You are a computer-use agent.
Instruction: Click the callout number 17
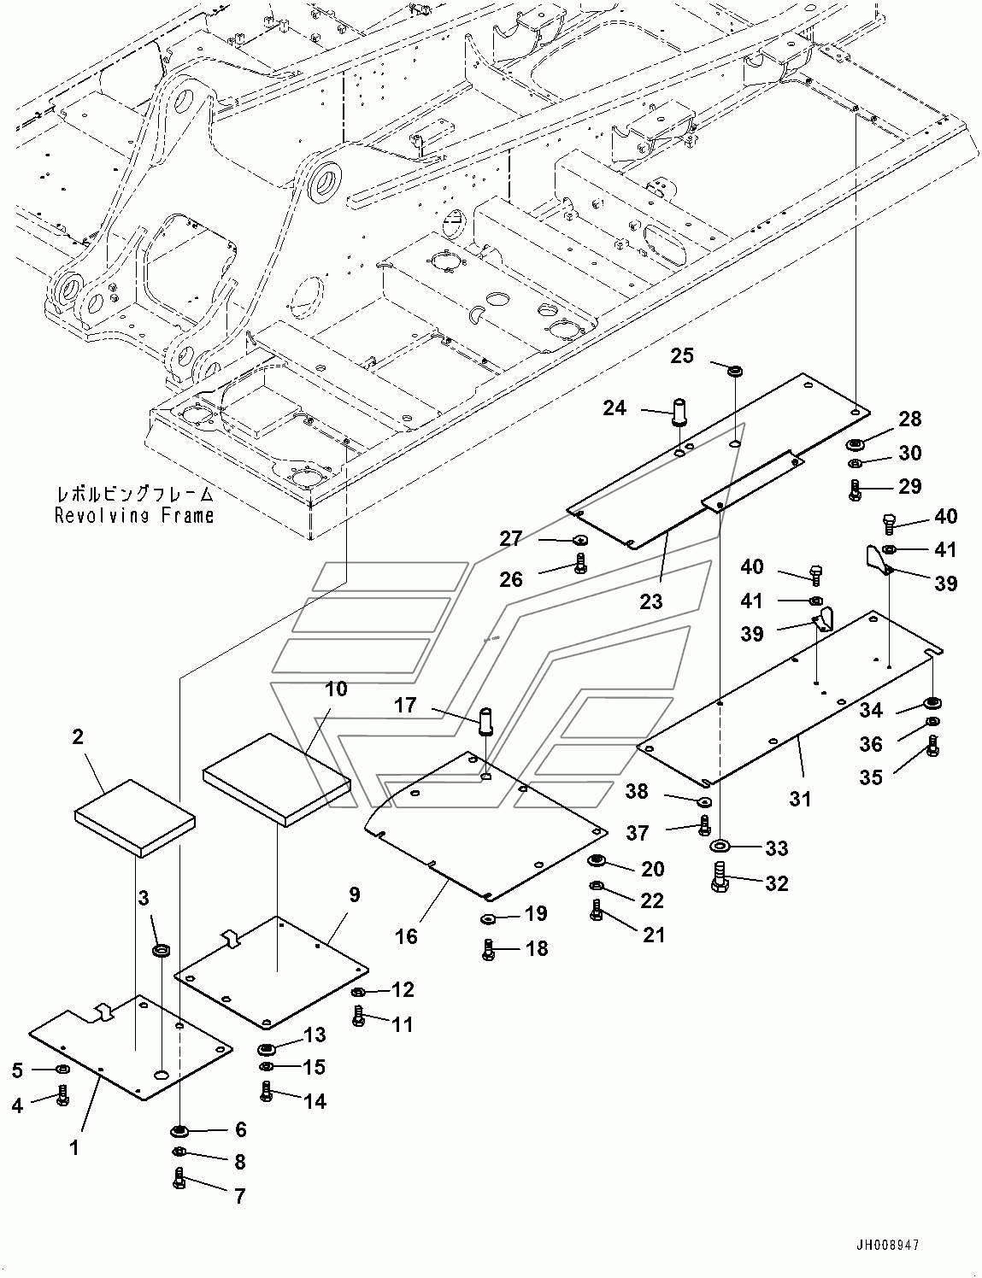(406, 706)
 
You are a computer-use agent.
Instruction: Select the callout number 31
(799, 799)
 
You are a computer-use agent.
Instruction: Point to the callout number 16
(407, 936)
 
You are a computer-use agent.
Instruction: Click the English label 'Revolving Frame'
(134, 515)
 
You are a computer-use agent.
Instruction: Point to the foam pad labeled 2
(135, 817)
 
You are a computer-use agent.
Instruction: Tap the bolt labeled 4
(62, 1096)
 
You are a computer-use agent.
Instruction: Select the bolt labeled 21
(597, 912)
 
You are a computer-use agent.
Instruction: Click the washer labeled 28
(855, 444)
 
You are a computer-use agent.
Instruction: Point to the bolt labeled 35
(932, 750)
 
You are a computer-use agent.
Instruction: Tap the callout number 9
(354, 894)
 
